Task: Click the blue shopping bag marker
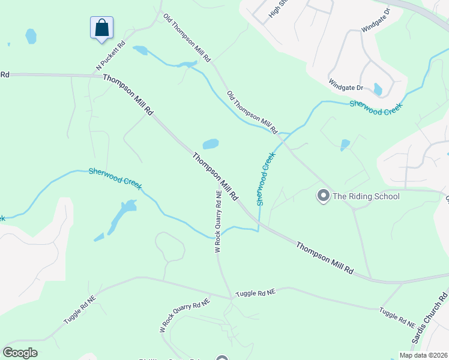pos(102,28)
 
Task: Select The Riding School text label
pos(366,196)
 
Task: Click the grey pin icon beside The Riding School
pos(323,196)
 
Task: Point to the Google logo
pos(20,353)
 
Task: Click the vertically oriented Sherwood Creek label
pos(267,179)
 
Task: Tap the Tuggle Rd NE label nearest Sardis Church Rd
pos(397,317)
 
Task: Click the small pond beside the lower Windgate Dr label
pos(378,89)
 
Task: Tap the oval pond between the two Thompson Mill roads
pos(210,144)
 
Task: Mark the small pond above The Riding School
pos(345,145)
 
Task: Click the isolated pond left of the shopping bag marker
pos(31,37)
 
